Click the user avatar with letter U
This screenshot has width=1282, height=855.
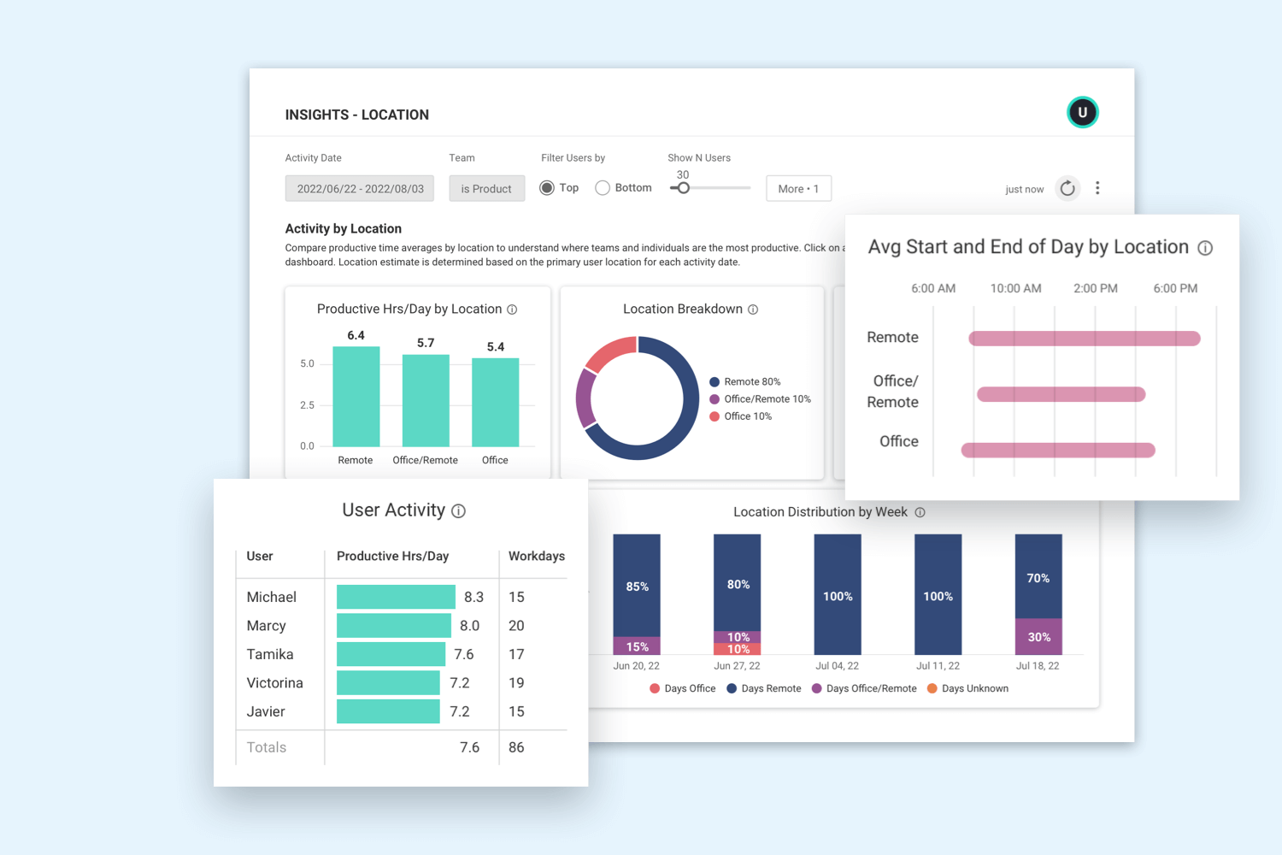pos(1082,112)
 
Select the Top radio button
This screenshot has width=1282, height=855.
pos(547,188)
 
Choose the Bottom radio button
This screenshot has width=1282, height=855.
pos(603,188)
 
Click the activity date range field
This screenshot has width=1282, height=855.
pos(360,189)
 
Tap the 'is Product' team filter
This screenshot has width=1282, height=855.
pos(486,189)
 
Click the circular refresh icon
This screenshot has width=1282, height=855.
pos(1067,188)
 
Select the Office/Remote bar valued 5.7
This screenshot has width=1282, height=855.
pos(426,400)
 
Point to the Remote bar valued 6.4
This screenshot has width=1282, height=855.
pos(356,397)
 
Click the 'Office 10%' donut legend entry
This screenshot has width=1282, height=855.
pos(741,416)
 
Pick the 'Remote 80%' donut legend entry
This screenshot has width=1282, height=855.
pos(745,382)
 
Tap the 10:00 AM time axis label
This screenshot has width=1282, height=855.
pos(1015,289)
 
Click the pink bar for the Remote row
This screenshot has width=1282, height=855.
pos(1084,339)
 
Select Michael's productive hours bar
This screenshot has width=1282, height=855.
pos(396,597)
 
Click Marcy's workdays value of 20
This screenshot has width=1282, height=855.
pos(516,626)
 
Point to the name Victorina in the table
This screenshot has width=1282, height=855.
pos(274,683)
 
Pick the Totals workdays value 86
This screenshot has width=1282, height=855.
pos(516,747)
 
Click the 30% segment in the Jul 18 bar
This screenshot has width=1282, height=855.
pos(1038,637)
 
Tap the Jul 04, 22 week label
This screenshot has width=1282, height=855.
pos(837,666)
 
